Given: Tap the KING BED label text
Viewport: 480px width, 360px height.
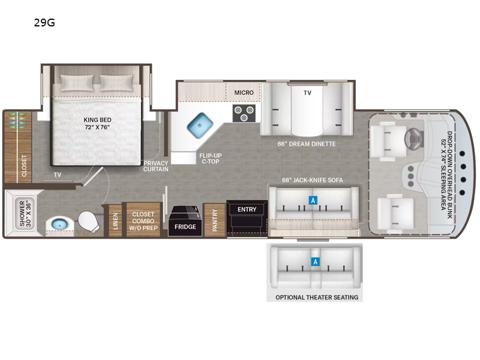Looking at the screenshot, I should coord(98,124).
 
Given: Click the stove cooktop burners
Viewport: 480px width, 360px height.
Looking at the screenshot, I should coord(243,113).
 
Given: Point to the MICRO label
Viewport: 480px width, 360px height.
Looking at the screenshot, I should coord(244,92).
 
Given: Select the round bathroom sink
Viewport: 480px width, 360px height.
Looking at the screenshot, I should coord(58,224).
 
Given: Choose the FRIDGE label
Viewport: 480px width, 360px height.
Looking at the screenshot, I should coord(185,227).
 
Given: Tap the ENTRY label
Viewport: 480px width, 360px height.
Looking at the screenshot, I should coord(247,209).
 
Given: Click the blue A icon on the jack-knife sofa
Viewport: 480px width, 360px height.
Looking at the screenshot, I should coord(312,200).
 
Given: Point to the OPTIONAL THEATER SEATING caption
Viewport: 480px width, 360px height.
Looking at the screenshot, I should coord(317,298).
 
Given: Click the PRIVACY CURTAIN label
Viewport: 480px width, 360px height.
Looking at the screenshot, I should coord(156,166).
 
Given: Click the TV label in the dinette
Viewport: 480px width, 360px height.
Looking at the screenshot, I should coord(307,93).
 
